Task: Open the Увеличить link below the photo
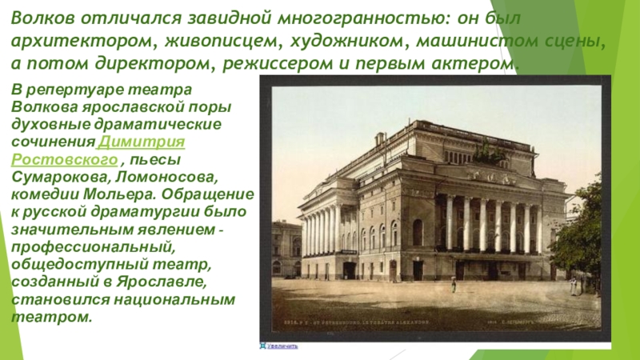(x=282, y=347)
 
